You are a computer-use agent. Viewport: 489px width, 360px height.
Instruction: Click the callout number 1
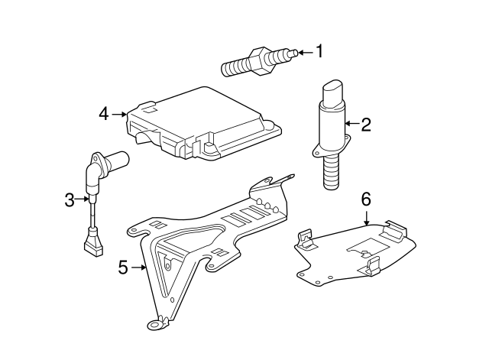coord(319,52)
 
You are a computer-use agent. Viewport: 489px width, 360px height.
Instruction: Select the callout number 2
coord(365,124)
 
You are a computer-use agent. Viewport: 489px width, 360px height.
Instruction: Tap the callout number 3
coord(70,200)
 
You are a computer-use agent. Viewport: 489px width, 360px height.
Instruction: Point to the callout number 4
coord(104,114)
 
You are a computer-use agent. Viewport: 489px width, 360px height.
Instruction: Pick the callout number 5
coord(123,267)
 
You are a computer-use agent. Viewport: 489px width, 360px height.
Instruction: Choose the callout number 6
coord(365,199)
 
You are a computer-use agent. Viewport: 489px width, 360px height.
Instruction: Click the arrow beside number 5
coord(139,267)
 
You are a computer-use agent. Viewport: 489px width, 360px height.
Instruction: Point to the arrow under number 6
coord(366,216)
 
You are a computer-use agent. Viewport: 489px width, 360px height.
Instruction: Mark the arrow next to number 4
coord(120,114)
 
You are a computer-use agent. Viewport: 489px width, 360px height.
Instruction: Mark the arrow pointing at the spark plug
coord(303,52)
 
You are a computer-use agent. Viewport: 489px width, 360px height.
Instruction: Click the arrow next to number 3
coord(84,200)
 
